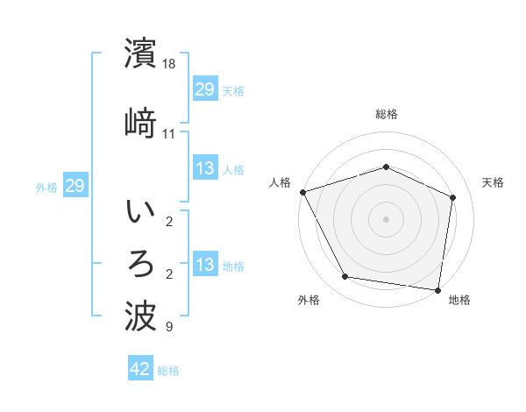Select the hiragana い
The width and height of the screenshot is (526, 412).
(141, 213)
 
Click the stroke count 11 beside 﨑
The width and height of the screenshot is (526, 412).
(169, 133)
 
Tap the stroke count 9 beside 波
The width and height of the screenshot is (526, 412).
(169, 328)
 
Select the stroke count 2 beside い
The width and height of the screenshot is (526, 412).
(169, 222)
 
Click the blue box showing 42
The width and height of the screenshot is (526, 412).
(140, 370)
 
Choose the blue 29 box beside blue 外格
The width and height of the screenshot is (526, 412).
(75, 186)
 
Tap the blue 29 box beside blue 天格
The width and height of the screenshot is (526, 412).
(205, 89)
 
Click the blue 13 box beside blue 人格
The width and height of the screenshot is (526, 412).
(205, 168)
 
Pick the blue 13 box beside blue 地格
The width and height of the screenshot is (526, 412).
(205, 265)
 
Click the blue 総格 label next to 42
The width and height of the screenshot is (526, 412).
(168, 371)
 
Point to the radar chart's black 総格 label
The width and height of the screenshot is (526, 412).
(387, 114)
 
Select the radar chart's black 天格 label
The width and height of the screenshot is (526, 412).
(494, 182)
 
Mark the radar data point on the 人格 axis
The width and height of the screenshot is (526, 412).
(302, 192)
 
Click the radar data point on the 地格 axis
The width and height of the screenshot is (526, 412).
(437, 289)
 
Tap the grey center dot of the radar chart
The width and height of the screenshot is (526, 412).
(387, 218)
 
